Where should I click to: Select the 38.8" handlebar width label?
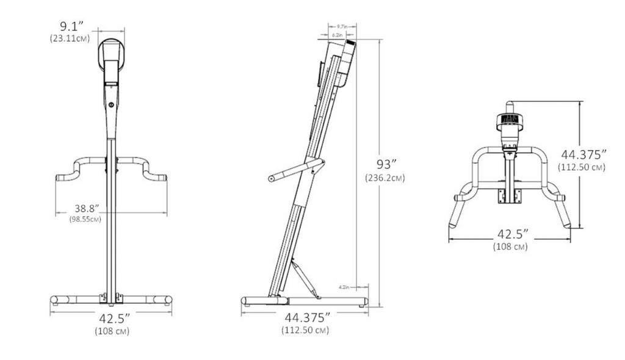[85, 207]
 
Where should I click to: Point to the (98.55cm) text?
[85, 218]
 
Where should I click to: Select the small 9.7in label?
[342, 27]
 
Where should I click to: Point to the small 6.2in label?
[337, 35]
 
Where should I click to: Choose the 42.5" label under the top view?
[510, 235]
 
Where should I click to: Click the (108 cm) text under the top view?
[510, 247]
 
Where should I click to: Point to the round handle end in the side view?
[270, 179]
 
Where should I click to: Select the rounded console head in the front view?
[112, 58]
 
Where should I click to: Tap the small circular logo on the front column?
[112, 104]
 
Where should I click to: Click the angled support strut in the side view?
[306, 278]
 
